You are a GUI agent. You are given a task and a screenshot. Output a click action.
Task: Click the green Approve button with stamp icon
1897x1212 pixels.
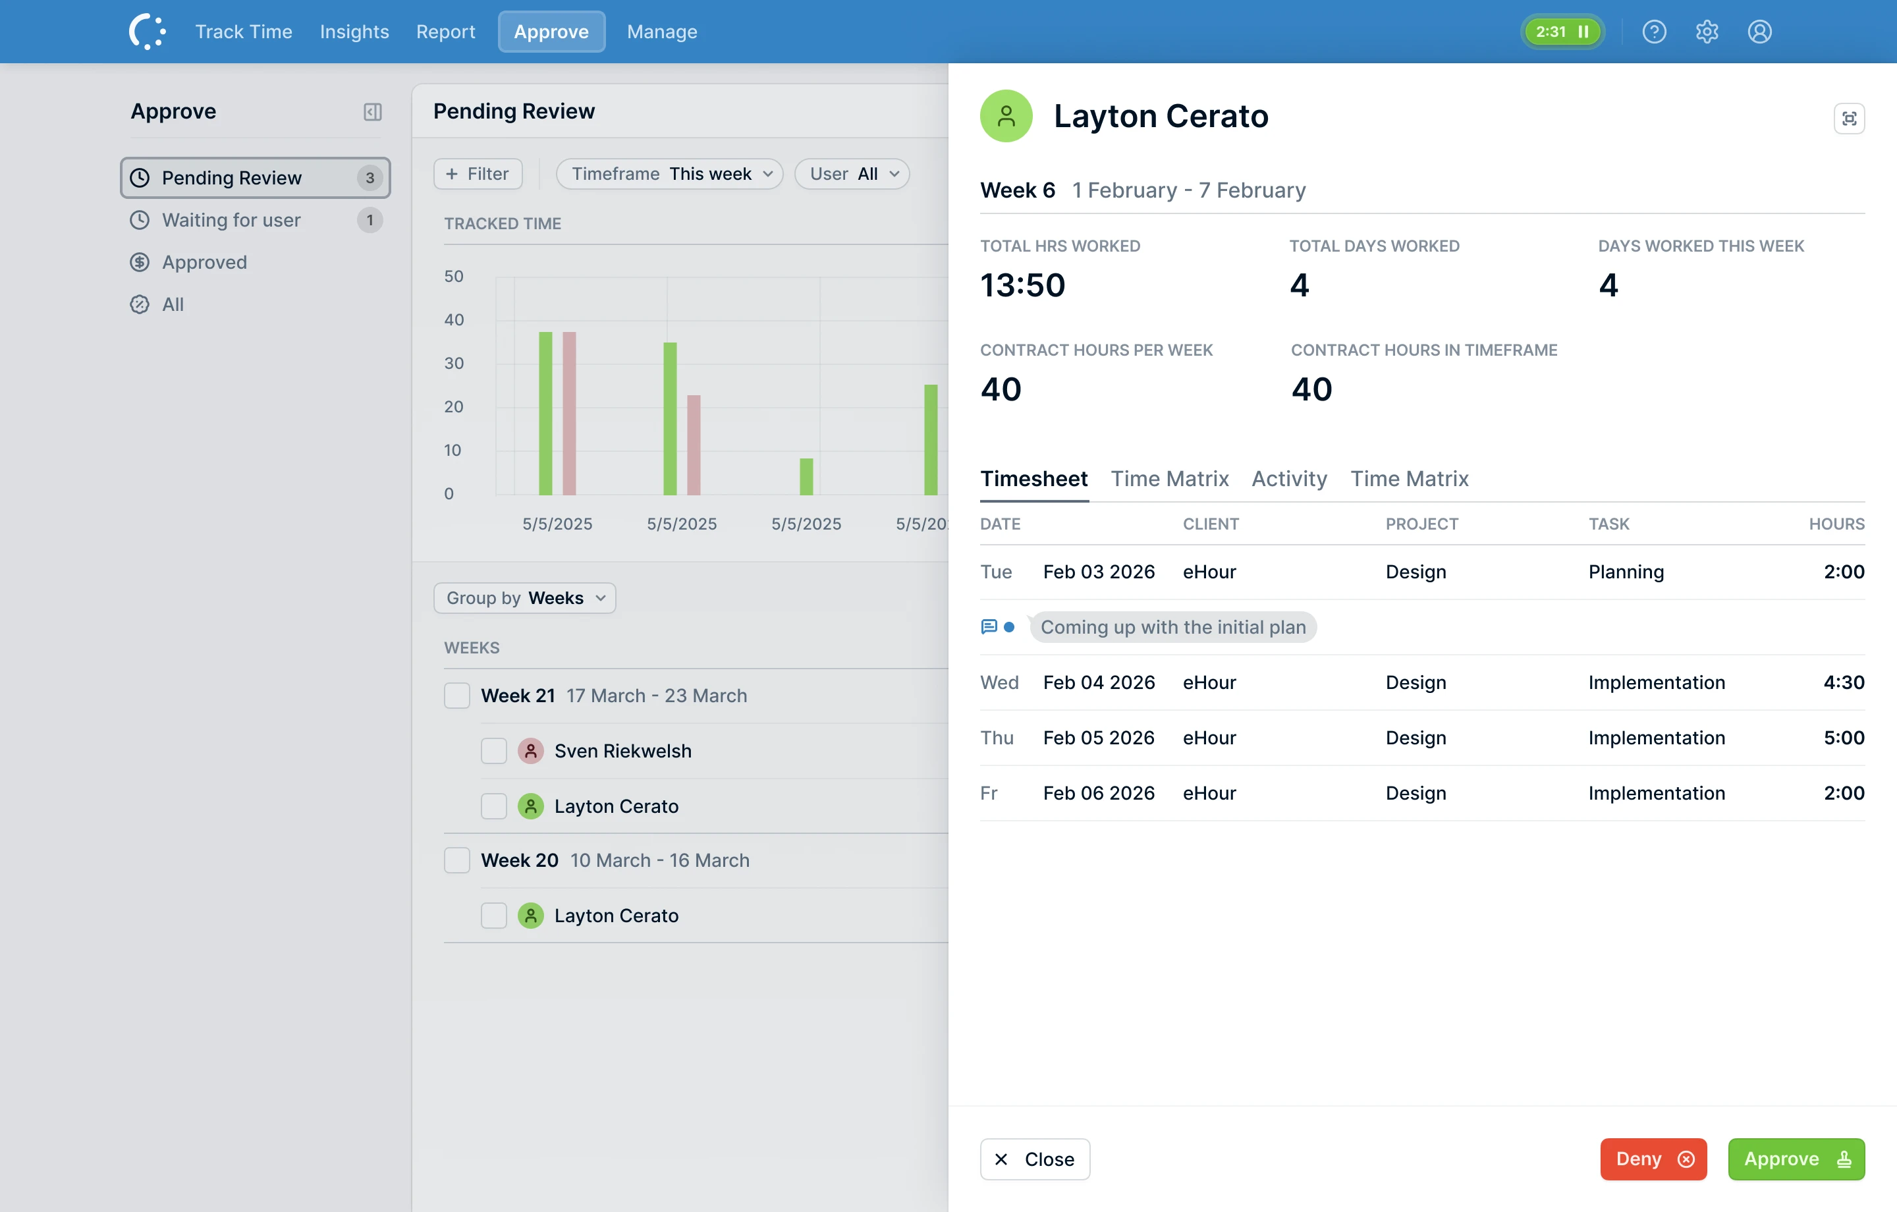click(1796, 1159)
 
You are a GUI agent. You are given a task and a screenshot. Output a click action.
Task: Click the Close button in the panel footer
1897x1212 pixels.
click(1034, 1159)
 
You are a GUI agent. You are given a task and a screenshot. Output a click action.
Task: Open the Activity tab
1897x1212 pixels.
click(1289, 478)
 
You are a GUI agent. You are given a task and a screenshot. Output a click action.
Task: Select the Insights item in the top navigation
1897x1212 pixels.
click(354, 32)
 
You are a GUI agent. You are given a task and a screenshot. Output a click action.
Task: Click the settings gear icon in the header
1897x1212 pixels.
click(1707, 32)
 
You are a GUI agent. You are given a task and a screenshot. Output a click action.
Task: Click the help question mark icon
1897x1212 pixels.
click(1653, 32)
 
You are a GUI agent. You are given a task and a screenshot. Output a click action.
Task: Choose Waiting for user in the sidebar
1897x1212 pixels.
click(231, 220)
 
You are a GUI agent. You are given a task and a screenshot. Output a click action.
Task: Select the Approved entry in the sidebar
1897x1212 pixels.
click(204, 262)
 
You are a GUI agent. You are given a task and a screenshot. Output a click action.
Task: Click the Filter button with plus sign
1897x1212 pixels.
click(478, 173)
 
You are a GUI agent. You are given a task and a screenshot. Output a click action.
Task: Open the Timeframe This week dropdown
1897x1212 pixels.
click(669, 173)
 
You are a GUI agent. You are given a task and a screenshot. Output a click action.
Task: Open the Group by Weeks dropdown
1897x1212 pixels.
click(524, 597)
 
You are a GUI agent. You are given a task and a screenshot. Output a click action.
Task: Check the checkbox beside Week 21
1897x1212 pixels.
click(457, 695)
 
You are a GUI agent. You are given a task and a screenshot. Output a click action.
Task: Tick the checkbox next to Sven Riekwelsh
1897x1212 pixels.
click(494, 750)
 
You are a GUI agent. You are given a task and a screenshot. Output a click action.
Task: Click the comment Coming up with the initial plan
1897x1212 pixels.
click(1172, 626)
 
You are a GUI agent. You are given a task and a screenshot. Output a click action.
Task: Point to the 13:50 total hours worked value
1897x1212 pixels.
click(1022, 285)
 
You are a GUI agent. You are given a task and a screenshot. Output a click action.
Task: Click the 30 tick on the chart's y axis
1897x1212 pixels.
click(454, 364)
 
